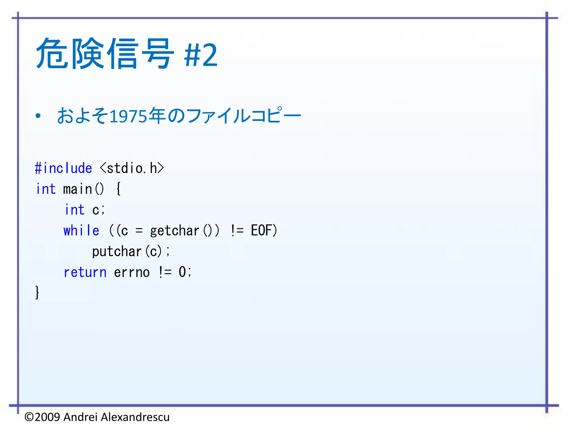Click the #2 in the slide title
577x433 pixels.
pos(201,55)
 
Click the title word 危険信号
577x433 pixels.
pos(105,54)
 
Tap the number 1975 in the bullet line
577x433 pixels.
pos(128,116)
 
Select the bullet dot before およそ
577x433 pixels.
pos(38,116)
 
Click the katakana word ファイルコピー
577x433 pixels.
pos(244,116)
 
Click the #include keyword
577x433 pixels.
pos(63,168)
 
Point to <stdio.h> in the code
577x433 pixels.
pos(132,168)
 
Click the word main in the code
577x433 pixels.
pos(77,189)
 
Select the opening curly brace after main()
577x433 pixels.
pos(119,189)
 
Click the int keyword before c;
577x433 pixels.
pos(75,210)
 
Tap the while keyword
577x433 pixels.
pos(81,231)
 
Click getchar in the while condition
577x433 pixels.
pos(174,231)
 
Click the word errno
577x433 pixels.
pos(132,272)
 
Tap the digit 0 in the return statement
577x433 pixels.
pos(182,272)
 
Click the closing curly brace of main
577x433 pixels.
pos(37,292)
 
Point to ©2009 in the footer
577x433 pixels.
pos(42,417)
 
